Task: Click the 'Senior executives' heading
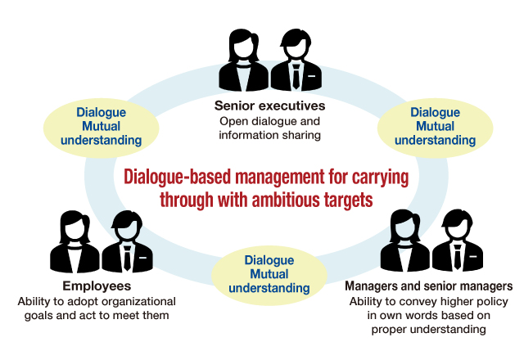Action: (x=269, y=106)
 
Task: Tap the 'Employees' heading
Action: (x=96, y=286)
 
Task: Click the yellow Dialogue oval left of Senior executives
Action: (x=101, y=126)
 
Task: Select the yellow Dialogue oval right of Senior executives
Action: (x=435, y=126)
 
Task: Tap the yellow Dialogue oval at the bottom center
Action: (x=269, y=274)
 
